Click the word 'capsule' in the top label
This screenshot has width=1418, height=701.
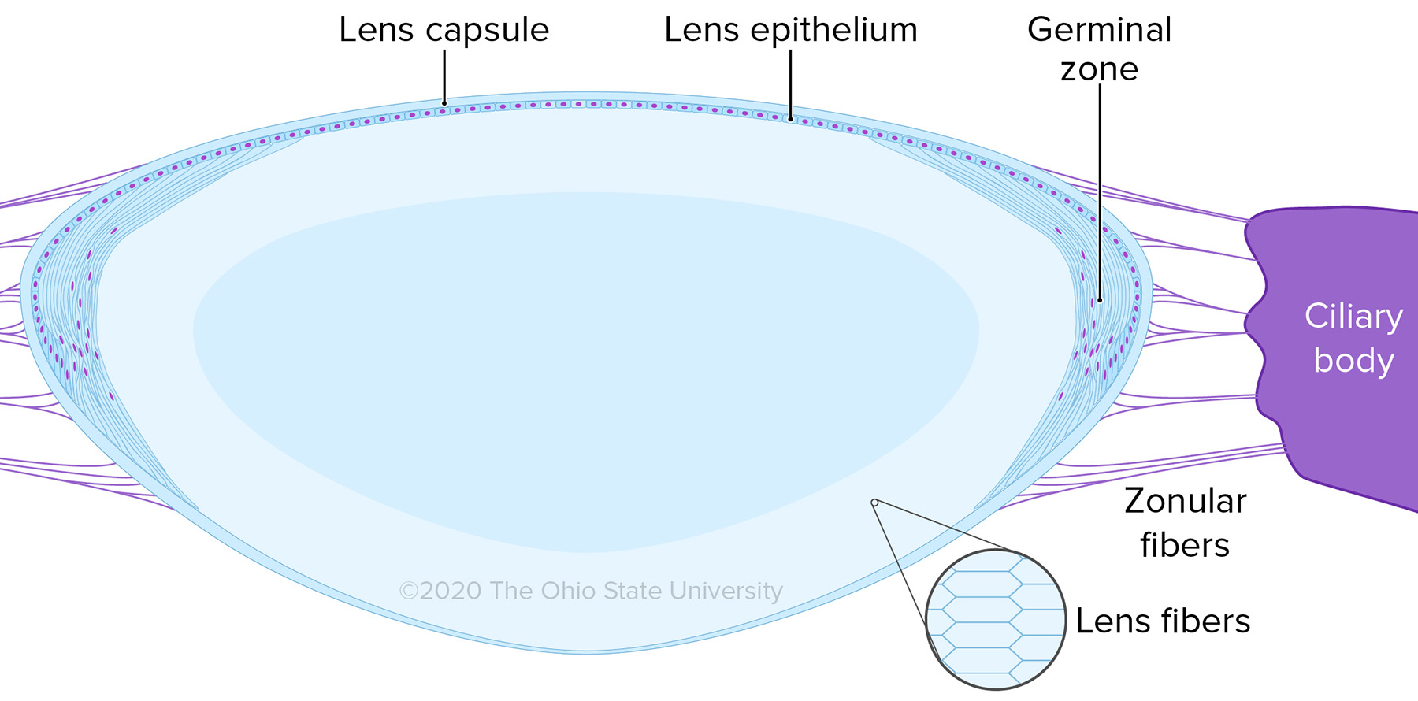486,31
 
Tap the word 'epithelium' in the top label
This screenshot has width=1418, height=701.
833,31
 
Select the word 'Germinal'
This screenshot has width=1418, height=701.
1099,30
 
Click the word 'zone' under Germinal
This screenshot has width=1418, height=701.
1099,69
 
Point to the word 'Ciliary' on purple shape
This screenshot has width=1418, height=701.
1353,317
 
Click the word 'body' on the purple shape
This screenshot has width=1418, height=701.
1353,360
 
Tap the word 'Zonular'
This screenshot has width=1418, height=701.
1185,501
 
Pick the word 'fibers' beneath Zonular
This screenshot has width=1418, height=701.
1184,545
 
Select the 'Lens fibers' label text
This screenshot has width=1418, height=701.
1163,621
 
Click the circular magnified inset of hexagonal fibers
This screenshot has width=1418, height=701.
996,619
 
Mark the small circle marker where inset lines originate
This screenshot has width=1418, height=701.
874,503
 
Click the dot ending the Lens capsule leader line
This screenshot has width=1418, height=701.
444,102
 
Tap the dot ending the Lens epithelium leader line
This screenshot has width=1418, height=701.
790,119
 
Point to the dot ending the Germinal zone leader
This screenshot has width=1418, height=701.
1100,300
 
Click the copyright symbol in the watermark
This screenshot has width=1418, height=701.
407,591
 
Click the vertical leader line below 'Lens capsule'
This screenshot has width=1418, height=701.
444,75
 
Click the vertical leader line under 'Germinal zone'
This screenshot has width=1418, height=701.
1100,189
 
